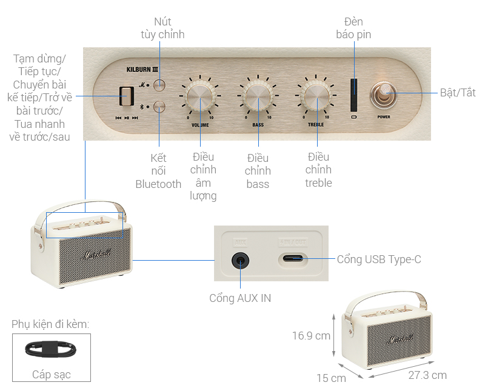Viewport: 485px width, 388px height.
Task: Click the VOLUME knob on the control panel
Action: [200, 96]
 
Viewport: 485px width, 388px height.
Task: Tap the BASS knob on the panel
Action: [258, 96]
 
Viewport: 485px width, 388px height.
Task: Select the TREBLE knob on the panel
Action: [315, 96]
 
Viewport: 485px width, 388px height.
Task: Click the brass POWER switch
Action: [383, 95]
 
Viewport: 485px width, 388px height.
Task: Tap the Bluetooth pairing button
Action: [159, 107]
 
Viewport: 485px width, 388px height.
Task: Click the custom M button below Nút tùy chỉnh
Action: [159, 85]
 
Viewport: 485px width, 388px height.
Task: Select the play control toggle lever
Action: [126, 96]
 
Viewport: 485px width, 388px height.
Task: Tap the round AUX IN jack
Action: [241, 261]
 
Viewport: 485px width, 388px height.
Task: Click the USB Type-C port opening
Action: [293, 260]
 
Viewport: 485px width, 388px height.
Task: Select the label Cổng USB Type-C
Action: [379, 260]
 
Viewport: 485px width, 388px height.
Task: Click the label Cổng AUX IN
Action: [240, 298]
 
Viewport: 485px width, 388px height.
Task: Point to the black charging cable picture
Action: [51, 350]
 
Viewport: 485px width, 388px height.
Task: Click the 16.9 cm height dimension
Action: [310, 335]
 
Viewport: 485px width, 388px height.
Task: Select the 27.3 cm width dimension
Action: [427, 375]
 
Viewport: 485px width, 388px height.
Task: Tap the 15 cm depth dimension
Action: [331, 378]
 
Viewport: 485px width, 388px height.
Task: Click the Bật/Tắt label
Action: [458, 93]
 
